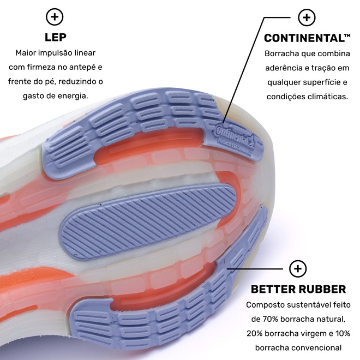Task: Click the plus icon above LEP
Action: click(55, 17)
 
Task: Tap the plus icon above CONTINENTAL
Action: click(307, 17)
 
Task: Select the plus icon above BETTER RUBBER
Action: click(298, 268)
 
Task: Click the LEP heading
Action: click(55, 38)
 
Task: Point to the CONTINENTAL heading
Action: click(303, 38)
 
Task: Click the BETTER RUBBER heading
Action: click(298, 289)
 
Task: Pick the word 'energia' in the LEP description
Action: click(73, 96)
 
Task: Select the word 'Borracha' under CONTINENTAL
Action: click(281, 53)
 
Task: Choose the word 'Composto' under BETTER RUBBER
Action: click(265, 305)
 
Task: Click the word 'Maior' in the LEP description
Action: click(27, 53)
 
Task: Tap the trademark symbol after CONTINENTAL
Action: click(347, 36)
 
